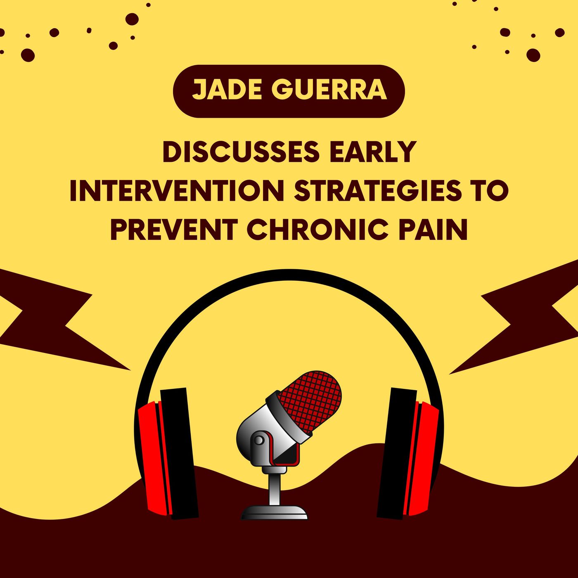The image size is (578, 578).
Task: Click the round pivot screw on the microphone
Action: pyautogui.click(x=259, y=441)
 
